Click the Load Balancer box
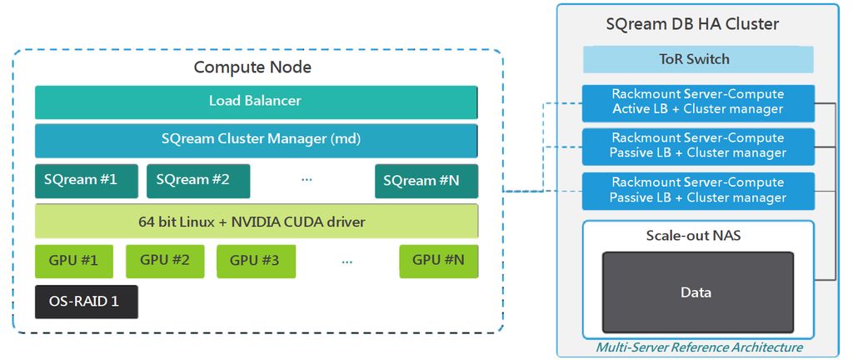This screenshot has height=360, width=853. pos(256,102)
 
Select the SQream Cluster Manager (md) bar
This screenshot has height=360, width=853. pos(256,140)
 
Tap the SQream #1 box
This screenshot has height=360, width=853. pos(86,181)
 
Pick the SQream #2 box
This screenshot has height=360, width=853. pos(197,181)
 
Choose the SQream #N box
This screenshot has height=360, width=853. pos(426,181)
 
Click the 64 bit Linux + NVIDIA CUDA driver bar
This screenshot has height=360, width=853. pos(256,222)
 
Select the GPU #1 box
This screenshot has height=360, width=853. pos(72,261)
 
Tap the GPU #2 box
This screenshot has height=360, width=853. pos(165,261)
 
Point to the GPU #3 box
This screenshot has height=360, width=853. pos(256,261)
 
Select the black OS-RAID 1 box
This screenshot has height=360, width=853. pos(86,302)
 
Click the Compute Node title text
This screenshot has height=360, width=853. pos(252,67)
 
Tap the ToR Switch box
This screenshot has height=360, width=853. pos(698,59)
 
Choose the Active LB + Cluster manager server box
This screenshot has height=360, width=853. pos(698,102)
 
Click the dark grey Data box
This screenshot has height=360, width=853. pos(697,292)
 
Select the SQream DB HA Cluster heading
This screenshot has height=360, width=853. pos(698,24)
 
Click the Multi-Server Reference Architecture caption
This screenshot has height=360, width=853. pos(698,347)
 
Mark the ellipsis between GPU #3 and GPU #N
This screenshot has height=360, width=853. pos(347,261)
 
